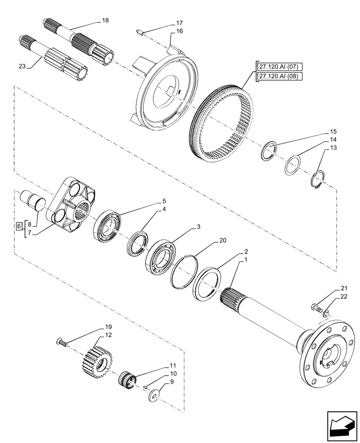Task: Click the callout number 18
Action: (x=105, y=20)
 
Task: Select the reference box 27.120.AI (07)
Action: (x=278, y=67)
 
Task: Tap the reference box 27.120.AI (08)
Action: (x=278, y=76)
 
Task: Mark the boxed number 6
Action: (x=18, y=226)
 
